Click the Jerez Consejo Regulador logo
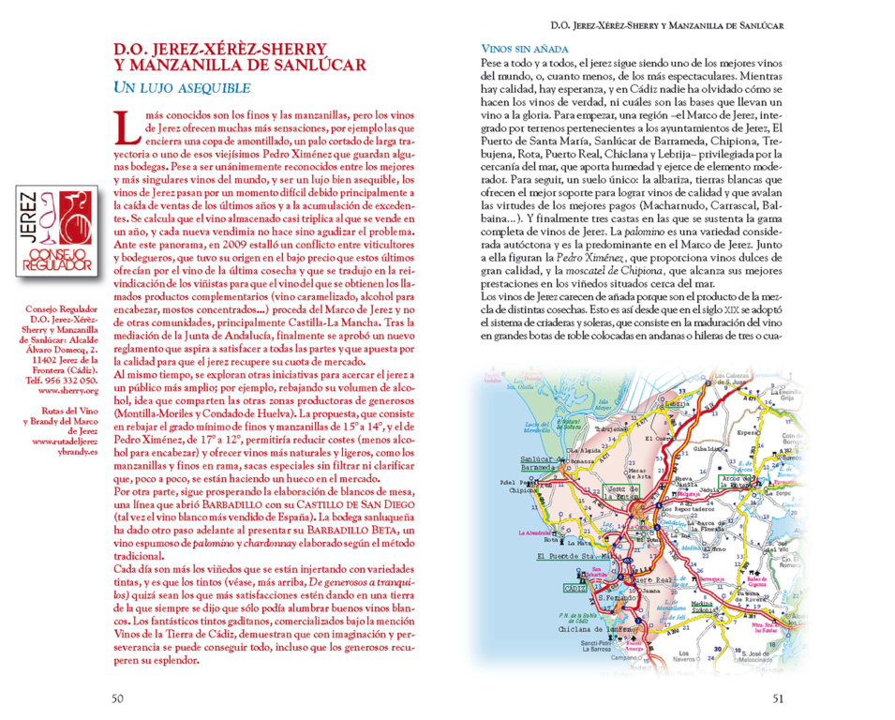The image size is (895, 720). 56,233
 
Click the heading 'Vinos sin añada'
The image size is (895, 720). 525,49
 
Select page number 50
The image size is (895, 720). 117,697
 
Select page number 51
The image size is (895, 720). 777,697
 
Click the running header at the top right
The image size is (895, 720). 666,26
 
